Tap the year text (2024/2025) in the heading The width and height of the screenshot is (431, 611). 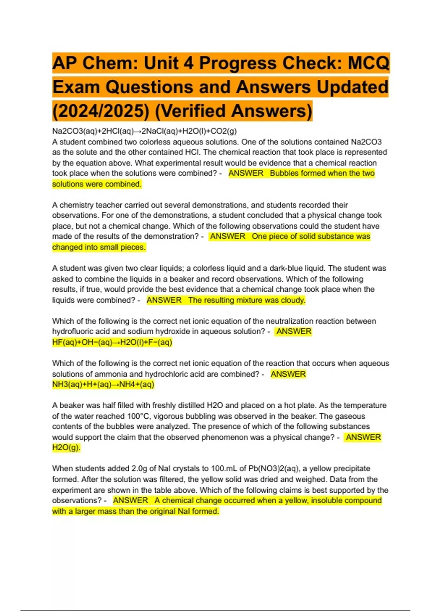click(100, 111)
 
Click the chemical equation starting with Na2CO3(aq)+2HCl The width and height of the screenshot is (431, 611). click(144, 131)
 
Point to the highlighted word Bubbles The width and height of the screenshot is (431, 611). click(284, 173)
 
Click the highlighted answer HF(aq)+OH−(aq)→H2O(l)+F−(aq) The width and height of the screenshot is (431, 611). click(112, 342)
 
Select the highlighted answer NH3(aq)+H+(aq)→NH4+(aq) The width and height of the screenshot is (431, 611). click(103, 385)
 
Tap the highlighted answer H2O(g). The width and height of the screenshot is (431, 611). click(66, 448)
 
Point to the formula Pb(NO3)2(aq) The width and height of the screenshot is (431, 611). click(273, 469)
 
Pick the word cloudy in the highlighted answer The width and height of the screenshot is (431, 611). click(293, 300)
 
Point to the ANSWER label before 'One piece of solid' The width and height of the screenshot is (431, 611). click(228, 236)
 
